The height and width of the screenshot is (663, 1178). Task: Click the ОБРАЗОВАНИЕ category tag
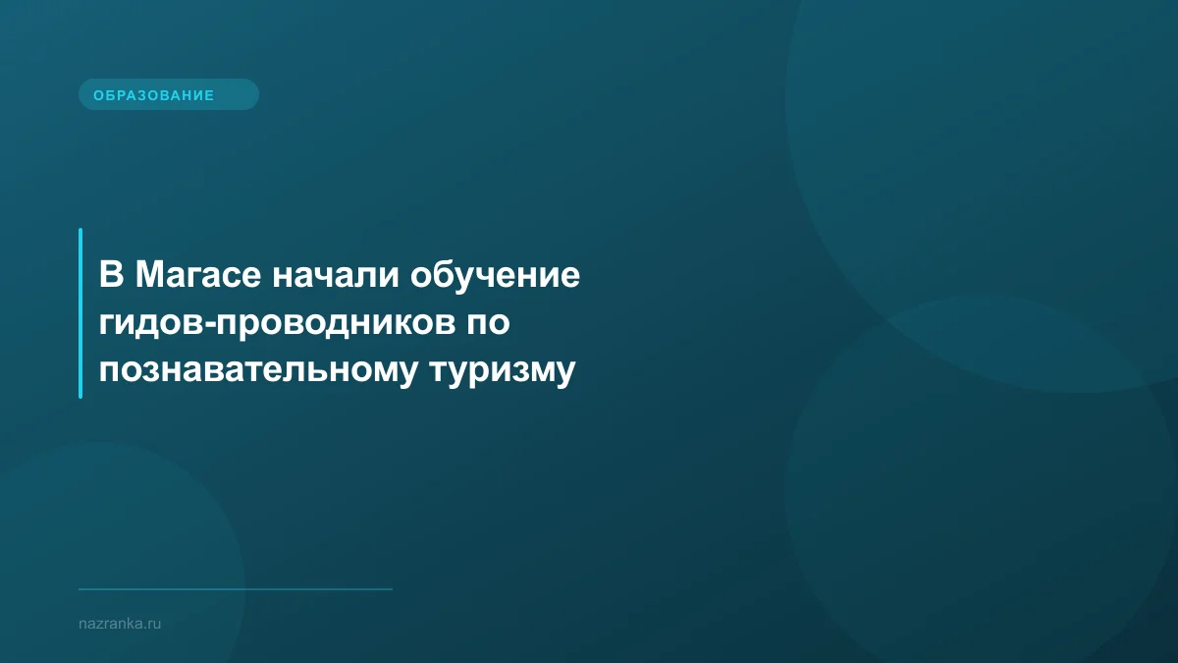[168, 95]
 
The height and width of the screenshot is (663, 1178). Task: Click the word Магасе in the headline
[197, 275]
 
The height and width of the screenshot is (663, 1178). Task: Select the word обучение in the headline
[496, 276]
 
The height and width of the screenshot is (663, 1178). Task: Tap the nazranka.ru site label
[119, 623]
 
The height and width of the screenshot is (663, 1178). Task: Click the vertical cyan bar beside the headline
[80, 312]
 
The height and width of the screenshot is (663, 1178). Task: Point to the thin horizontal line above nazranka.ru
[236, 589]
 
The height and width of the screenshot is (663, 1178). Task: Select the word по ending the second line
[486, 324]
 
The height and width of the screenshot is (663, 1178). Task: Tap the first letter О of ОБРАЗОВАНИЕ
[98, 95]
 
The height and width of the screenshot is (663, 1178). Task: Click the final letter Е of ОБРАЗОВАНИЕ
[209, 95]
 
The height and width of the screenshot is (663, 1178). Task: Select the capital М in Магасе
[147, 275]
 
